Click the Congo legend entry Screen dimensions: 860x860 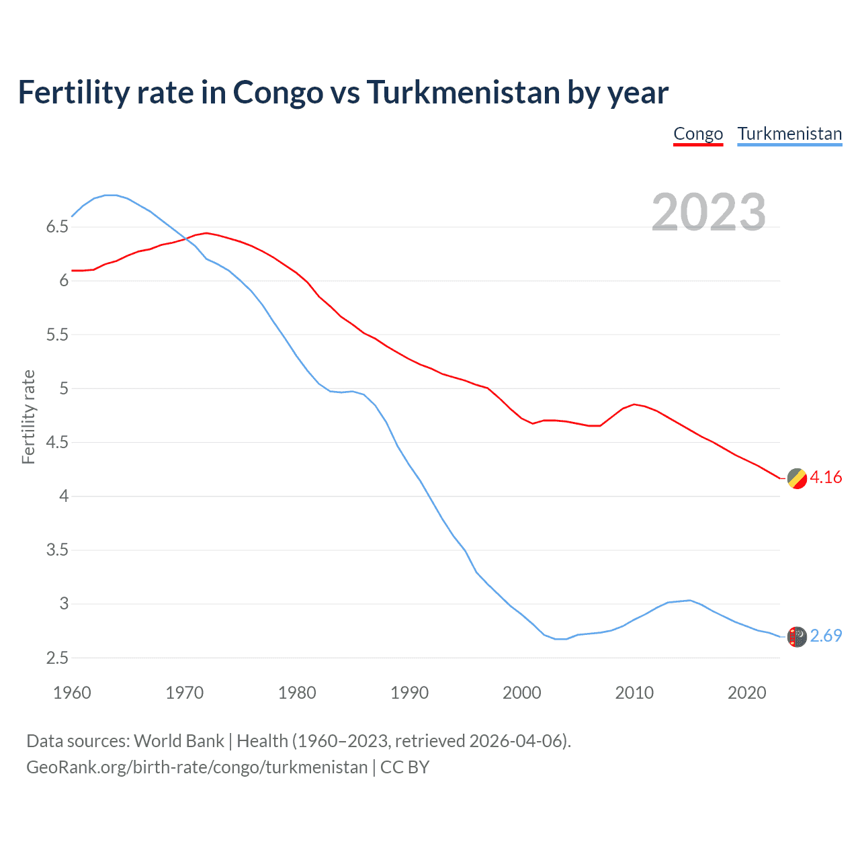(698, 134)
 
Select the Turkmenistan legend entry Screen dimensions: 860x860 (789, 134)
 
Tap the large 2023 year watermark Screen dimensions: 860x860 (709, 212)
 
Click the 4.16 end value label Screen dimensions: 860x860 (826, 478)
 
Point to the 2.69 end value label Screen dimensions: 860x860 (826, 636)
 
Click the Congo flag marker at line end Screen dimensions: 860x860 (797, 478)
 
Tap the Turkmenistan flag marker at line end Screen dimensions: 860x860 (797, 636)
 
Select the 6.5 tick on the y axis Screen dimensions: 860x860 (57, 227)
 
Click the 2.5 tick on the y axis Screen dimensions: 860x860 (57, 658)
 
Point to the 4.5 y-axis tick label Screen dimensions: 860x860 (57, 443)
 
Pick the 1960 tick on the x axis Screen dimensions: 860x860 (72, 693)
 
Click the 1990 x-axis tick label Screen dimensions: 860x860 (409, 693)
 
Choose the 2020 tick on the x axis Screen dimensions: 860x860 (746, 693)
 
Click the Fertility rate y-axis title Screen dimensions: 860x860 (28, 417)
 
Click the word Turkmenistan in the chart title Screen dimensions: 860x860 (463, 93)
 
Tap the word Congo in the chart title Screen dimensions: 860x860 (277, 93)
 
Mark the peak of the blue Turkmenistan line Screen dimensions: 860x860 (111, 195)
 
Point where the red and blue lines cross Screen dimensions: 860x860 (186, 239)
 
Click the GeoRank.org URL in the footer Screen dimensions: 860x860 (197, 767)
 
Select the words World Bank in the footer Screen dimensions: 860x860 (179, 741)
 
